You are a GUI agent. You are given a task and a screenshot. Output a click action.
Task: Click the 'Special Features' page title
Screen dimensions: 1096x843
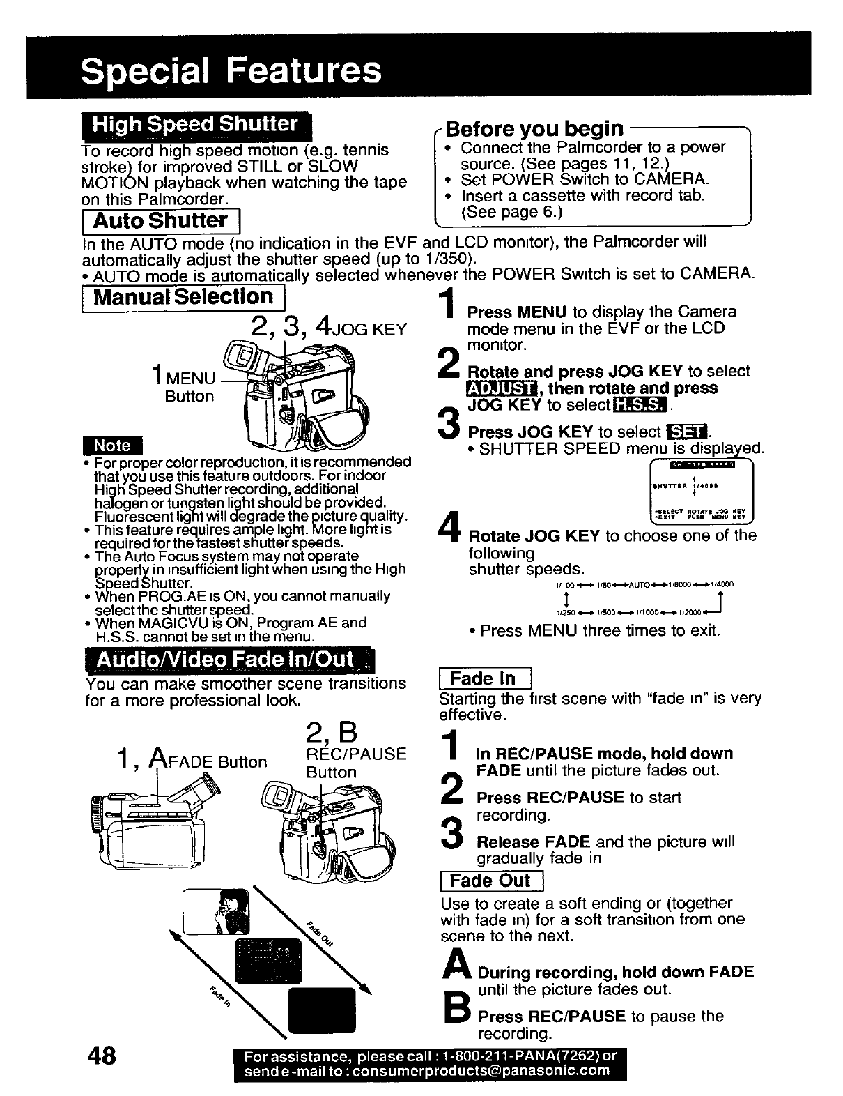click(x=231, y=70)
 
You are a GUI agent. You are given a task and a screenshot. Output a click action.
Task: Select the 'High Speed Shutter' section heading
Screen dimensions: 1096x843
click(x=196, y=125)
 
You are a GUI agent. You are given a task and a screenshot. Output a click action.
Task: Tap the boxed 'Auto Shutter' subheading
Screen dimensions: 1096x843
click(x=160, y=221)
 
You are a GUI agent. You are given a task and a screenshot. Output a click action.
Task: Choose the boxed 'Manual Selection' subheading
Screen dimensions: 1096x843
click(x=183, y=297)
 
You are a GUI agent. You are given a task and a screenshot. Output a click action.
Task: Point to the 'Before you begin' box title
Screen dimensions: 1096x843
click(x=534, y=128)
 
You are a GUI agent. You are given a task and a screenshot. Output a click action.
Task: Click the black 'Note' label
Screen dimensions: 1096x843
click(x=112, y=445)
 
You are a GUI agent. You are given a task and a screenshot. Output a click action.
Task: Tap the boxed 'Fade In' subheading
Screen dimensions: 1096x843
click(x=483, y=678)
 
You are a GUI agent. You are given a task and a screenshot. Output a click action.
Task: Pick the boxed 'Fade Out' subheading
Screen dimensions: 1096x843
click(x=490, y=881)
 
